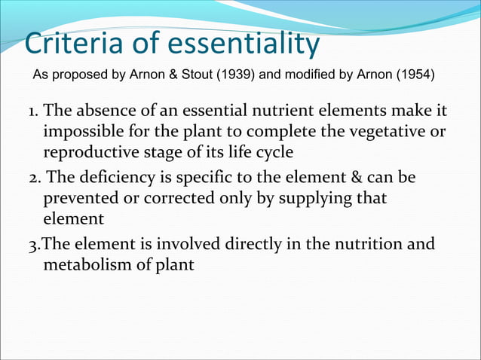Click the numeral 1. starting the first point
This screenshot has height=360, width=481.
pos(34,113)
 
